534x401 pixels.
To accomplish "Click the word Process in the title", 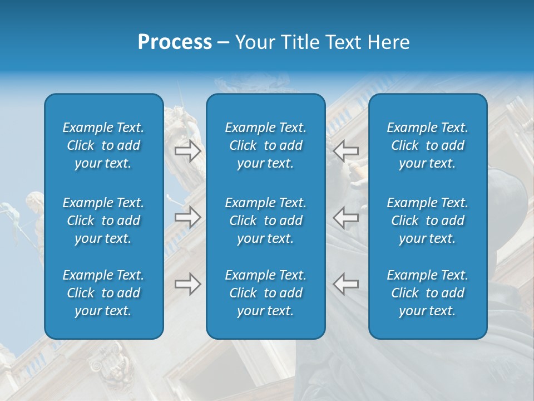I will click(x=175, y=42).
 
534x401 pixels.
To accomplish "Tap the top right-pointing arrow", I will click(x=187, y=151).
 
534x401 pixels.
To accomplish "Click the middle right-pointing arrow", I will click(x=187, y=217).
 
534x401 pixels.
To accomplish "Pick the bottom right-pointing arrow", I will click(x=187, y=284).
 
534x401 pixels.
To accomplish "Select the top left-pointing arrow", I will click(x=346, y=151).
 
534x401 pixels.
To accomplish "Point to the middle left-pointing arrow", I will click(x=346, y=217).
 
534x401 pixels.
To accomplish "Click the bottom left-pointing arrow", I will click(x=346, y=284).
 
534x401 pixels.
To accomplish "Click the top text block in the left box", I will click(x=103, y=145).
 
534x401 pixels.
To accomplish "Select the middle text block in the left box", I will click(x=103, y=221).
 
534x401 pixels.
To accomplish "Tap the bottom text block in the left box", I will click(x=103, y=293).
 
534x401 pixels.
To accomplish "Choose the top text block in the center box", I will click(x=265, y=145).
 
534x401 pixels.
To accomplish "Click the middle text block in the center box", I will click(x=265, y=221).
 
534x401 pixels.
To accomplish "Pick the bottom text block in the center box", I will click(x=265, y=293).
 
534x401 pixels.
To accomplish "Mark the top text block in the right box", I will click(x=427, y=145).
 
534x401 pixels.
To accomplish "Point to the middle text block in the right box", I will click(x=427, y=221).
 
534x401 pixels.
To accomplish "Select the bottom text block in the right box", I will click(x=427, y=293).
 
